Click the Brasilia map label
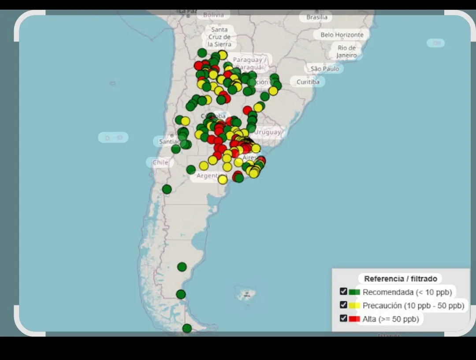317,17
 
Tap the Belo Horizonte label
342,35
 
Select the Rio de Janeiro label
347,52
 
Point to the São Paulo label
325,69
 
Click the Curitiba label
308,82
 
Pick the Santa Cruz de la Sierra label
219,37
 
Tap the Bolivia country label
213,15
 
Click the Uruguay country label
268,132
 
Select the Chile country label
160,162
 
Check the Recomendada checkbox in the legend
344,291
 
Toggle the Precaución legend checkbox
344,304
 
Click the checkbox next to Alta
344,318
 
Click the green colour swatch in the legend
354,292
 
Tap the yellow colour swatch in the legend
354,305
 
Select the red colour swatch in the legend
354,319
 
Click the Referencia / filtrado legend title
400,278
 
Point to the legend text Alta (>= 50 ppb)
390,319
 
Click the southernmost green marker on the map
187,328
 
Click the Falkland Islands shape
245,294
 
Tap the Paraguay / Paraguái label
249,63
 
